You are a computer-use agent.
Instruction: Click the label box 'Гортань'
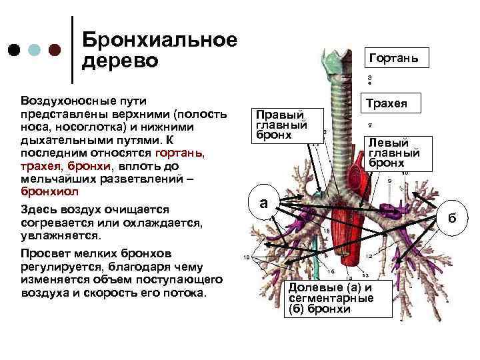(x=393, y=59)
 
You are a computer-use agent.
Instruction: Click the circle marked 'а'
(x=263, y=203)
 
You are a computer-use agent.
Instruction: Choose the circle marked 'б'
(x=452, y=218)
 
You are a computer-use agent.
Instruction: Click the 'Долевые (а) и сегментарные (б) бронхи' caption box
(x=329, y=298)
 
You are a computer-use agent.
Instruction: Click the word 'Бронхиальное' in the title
(x=159, y=40)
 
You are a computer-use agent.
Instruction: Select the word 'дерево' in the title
(x=120, y=61)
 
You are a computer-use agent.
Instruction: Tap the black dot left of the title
(x=13, y=51)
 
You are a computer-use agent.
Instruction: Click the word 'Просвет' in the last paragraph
(x=44, y=254)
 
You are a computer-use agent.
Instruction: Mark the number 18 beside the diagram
(x=247, y=257)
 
